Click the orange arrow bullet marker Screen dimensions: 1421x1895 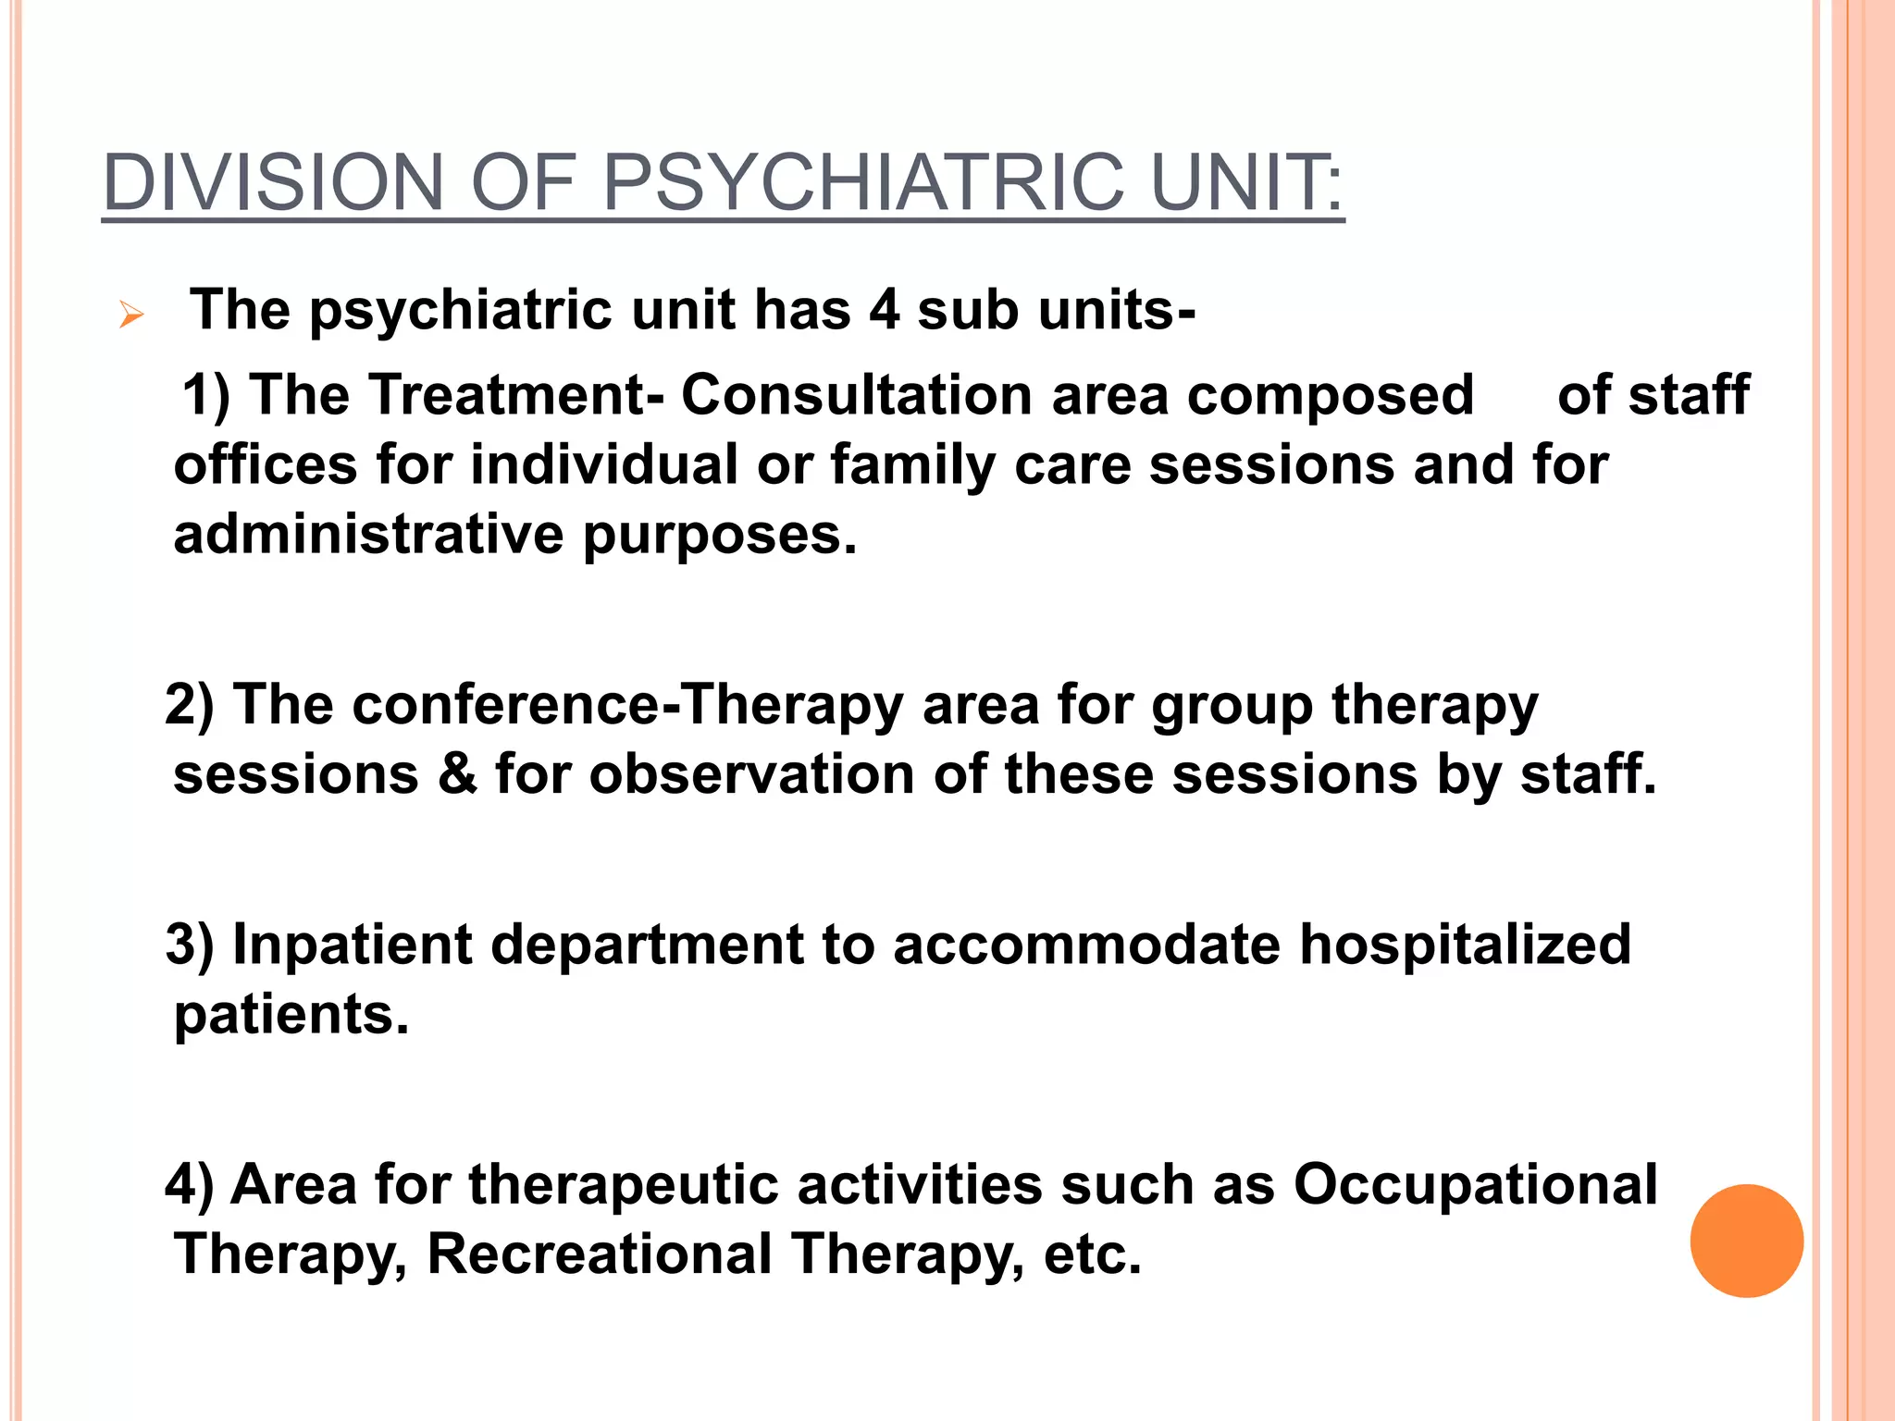[131, 316]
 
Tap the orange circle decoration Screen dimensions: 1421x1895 [1746, 1241]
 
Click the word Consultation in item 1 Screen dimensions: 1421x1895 [856, 395]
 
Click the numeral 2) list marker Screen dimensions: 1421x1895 [190, 704]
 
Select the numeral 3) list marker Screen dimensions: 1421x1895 [190, 945]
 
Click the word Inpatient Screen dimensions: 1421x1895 [352, 946]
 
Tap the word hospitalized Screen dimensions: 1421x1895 [1465, 946]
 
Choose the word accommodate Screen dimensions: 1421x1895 [1086, 945]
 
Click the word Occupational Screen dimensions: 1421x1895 [1475, 1185]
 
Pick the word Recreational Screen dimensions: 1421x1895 [599, 1254]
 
